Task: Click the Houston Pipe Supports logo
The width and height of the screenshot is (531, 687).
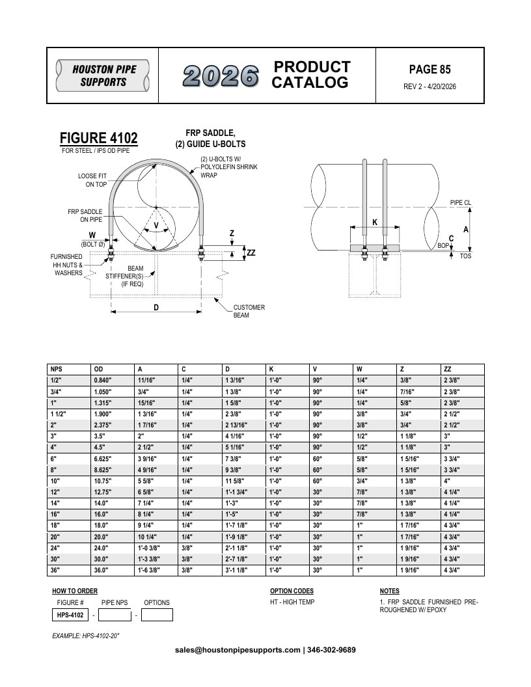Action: tap(103, 75)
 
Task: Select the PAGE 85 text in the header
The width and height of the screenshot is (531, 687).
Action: tap(429, 69)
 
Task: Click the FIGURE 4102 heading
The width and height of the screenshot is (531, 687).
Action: tap(98, 137)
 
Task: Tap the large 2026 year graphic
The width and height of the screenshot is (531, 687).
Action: tap(221, 76)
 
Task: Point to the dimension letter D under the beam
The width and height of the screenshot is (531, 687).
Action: tap(156, 308)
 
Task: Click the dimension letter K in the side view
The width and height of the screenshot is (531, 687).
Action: tap(375, 222)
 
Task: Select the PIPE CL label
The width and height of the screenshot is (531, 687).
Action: tap(461, 202)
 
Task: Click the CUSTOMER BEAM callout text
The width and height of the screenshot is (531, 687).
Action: tap(249, 311)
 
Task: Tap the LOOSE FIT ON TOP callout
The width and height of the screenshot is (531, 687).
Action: tap(92, 180)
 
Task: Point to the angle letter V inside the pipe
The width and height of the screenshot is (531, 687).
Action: tap(156, 226)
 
